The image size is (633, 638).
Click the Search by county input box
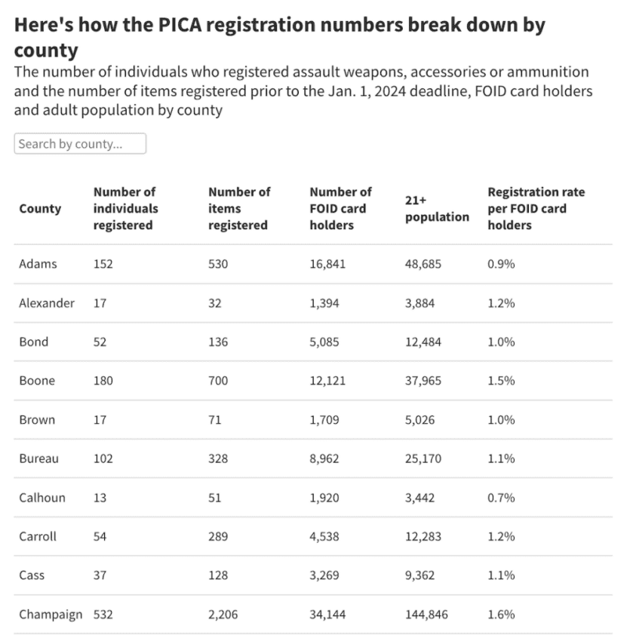coord(80,144)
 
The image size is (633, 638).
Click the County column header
coord(41,208)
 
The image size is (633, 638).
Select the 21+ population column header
coord(437,208)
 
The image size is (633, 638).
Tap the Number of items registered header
coord(238,208)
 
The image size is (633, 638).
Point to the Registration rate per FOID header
coord(536,208)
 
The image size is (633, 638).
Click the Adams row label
coord(38,264)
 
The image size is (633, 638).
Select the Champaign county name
coord(51,614)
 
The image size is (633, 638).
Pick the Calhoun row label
coord(42,497)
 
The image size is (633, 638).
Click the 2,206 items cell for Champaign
coord(223,614)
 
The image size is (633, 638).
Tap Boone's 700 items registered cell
coord(218,380)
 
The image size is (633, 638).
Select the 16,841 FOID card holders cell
coord(328,264)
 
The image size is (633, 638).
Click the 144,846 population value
coord(426,614)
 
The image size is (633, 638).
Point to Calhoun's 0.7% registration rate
coord(501,497)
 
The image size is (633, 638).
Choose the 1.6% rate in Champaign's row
coord(501,614)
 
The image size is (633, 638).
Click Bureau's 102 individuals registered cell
coord(103,458)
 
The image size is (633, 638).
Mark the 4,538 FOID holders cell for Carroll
coord(325,536)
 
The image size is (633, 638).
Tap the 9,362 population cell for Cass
coord(420,575)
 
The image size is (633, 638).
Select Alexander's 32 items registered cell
coord(216,303)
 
